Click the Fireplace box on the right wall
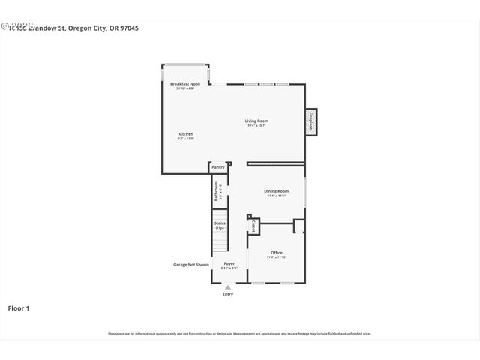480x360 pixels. click(x=310, y=123)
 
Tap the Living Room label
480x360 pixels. click(x=256, y=121)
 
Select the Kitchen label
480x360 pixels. click(x=185, y=134)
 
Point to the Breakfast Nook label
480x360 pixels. click(x=185, y=84)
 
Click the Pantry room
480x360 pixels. click(x=218, y=167)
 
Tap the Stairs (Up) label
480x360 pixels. click(x=220, y=225)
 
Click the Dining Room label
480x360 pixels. click(x=276, y=191)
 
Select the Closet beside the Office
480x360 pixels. click(x=254, y=225)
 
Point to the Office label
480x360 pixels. click(x=277, y=252)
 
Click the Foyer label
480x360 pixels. click(x=229, y=263)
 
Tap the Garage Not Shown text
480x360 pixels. click(x=191, y=264)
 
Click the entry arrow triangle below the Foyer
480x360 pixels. click(x=228, y=286)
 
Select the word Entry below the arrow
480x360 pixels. click(x=228, y=294)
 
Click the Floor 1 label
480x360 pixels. click(x=19, y=307)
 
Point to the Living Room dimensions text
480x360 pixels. click(x=257, y=125)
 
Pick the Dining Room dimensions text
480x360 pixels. click(x=276, y=196)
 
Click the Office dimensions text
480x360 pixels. click(x=277, y=256)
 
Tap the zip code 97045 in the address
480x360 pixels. click(x=129, y=28)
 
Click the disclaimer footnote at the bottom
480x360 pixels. click(x=240, y=334)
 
